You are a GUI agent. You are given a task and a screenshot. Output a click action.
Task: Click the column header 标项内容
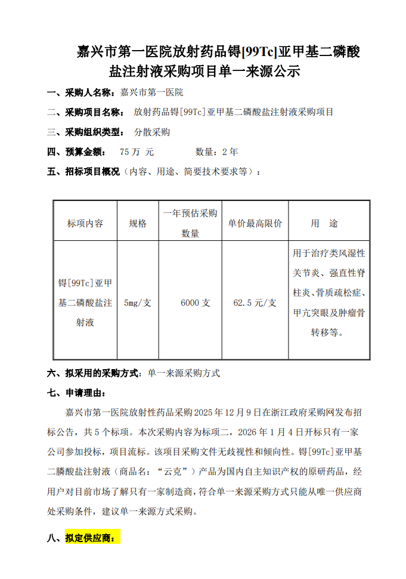coord(85,223)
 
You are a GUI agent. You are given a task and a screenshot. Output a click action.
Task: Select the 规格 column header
coord(138,223)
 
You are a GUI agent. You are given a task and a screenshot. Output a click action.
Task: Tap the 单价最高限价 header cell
coord(255,223)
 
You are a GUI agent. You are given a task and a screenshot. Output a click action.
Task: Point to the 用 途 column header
coord(325,223)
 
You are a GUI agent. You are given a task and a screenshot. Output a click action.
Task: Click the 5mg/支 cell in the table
coord(138,303)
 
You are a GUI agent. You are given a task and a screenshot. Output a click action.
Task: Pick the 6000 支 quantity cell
coord(196,303)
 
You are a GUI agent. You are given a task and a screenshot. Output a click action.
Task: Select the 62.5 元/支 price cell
coord(255,303)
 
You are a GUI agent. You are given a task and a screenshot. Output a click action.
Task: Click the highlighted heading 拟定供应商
coord(92,538)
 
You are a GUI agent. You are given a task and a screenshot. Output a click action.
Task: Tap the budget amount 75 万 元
coord(137,152)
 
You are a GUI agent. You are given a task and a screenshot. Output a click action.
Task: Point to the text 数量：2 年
coord(216,152)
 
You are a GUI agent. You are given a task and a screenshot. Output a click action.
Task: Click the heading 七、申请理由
coord(77,393)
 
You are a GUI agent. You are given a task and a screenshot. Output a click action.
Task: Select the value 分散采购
coord(153,132)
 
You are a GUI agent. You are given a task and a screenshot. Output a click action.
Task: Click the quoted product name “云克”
coord(178,472)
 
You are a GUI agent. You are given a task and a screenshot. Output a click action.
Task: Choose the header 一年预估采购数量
coord(190,223)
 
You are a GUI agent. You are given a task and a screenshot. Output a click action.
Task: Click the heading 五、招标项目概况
coord(84,172)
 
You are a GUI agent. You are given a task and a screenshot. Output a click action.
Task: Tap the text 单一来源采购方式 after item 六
coord(184,373)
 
